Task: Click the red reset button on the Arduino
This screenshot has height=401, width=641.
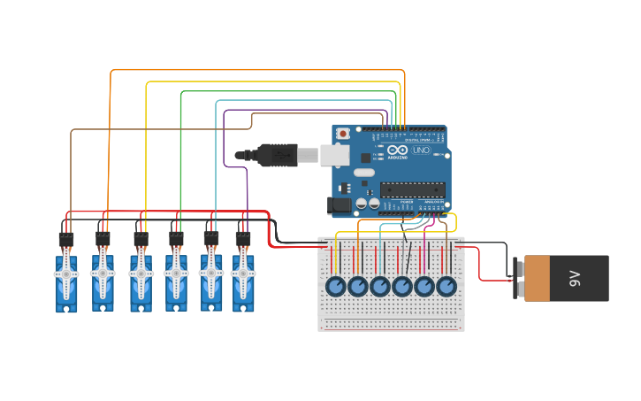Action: (x=343, y=134)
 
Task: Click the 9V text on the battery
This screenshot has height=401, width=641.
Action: (x=575, y=279)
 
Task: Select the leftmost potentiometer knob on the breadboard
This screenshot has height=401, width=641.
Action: (x=336, y=287)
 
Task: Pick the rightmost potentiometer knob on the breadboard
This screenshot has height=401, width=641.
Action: (x=446, y=287)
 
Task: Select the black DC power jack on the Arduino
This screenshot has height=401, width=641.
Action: (x=339, y=205)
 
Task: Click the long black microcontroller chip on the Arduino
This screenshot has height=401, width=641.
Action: (x=412, y=189)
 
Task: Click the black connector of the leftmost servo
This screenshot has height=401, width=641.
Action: (x=66, y=239)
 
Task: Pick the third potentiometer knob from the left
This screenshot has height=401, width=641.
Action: (x=380, y=287)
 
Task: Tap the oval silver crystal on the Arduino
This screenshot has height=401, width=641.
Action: (x=363, y=172)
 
